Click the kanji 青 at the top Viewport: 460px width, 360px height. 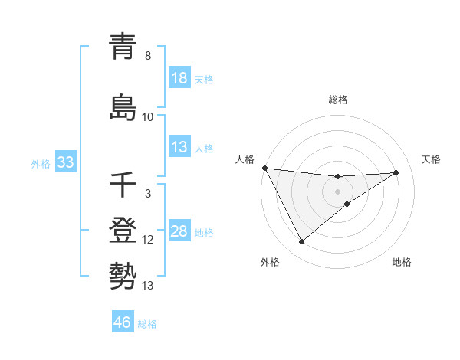tap(124, 48)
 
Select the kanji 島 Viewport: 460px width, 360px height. tap(124, 107)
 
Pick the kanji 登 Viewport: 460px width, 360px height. tap(124, 231)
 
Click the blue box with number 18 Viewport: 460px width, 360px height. tap(179, 78)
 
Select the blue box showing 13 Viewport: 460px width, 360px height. tap(179, 147)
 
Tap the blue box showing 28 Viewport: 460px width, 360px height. tap(179, 231)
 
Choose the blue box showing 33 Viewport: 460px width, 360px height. tap(65, 162)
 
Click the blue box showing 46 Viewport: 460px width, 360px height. tap(123, 322)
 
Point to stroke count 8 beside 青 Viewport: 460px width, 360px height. tap(148, 57)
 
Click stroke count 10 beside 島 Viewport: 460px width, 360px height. tap(148, 117)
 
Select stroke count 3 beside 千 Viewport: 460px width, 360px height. tap(148, 194)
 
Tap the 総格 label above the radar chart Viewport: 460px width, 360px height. tap(338, 100)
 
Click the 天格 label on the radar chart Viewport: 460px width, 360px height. tap(432, 159)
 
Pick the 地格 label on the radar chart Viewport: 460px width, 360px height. tap(402, 262)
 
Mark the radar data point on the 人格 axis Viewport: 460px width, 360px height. tap(264, 168)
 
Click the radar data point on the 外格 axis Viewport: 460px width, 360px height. tap(301, 242)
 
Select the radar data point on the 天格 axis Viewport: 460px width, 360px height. tap(396, 172)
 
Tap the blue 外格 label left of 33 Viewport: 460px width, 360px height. tap(40, 163)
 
